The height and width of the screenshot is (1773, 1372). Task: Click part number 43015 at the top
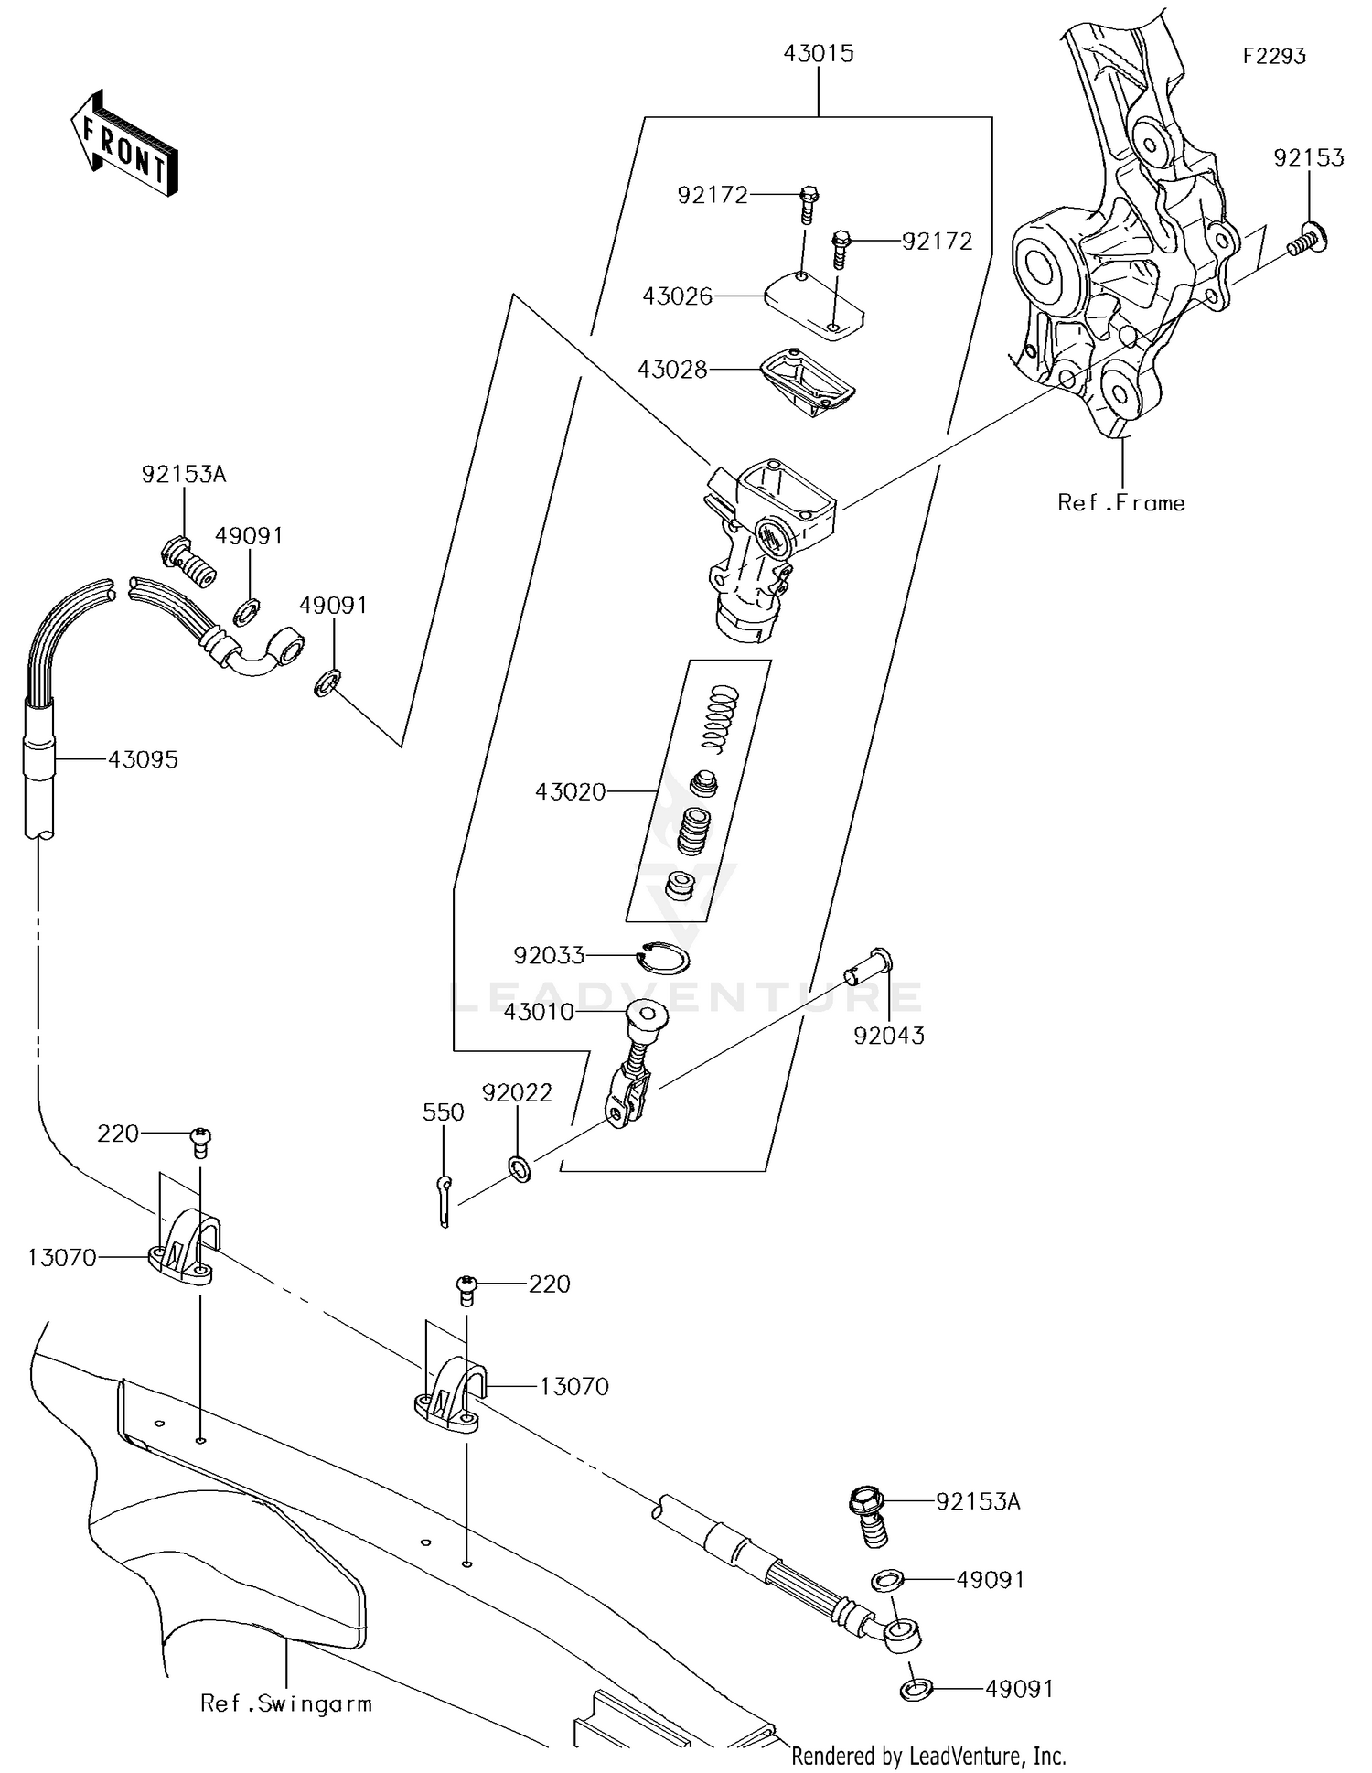point(818,54)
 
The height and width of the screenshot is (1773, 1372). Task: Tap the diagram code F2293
point(1274,57)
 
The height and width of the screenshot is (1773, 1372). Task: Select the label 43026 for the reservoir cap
point(677,296)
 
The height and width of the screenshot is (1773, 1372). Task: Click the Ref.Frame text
point(1120,502)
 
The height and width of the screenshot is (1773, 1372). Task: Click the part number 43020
point(570,791)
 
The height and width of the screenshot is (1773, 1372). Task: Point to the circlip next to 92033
point(663,957)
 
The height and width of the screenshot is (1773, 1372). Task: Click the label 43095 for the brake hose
point(143,759)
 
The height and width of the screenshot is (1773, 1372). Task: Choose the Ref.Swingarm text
point(285,1703)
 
